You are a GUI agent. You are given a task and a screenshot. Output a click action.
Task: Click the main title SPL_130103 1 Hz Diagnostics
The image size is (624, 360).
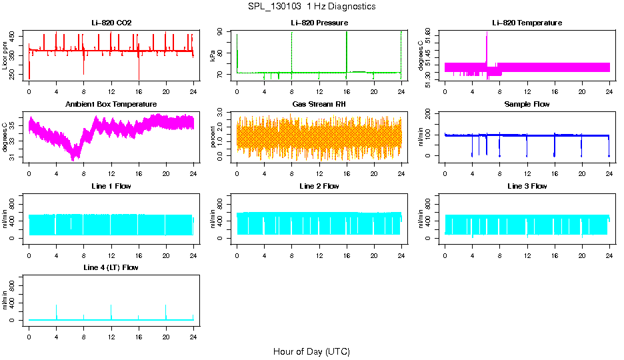(x=311, y=7)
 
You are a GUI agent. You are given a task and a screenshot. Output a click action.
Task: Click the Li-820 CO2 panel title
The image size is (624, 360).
(x=111, y=23)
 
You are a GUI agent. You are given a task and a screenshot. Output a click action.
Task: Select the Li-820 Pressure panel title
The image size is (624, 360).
(x=319, y=23)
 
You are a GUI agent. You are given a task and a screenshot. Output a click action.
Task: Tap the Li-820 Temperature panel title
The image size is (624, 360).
(x=527, y=23)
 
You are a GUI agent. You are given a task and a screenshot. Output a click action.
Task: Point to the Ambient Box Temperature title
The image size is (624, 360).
(x=111, y=104)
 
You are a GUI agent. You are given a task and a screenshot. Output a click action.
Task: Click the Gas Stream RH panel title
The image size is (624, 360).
(x=319, y=104)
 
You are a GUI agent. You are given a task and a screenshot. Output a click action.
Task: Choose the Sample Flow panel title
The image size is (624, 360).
(x=527, y=104)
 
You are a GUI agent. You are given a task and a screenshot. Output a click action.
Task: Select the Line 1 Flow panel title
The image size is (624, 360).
(x=111, y=186)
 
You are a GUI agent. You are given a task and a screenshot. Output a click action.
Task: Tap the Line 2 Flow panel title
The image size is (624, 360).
(x=319, y=186)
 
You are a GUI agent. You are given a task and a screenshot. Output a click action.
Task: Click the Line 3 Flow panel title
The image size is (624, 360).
(x=527, y=186)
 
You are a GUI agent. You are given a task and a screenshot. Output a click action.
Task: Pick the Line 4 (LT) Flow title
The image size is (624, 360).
(x=111, y=267)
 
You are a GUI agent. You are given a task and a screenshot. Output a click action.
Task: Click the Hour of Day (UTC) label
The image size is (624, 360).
(x=311, y=351)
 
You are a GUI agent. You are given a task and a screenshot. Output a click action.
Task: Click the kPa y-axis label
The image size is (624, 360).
(x=213, y=55)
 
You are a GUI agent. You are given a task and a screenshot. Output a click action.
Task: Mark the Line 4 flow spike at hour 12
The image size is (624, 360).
(x=111, y=310)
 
